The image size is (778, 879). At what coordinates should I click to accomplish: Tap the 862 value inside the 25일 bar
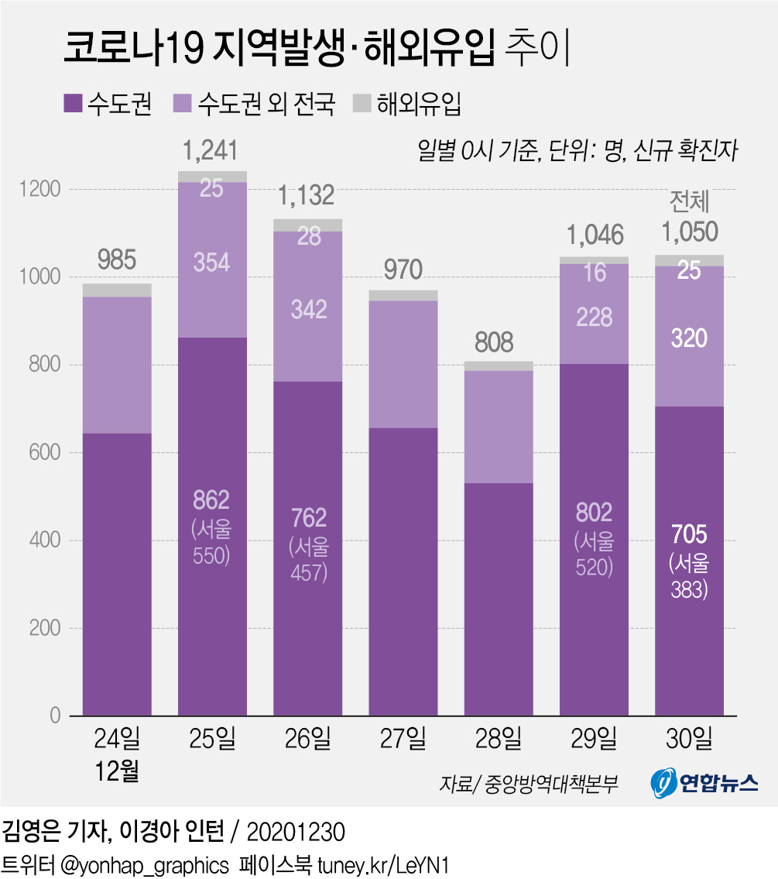212,500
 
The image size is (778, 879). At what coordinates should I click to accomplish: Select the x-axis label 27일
403,740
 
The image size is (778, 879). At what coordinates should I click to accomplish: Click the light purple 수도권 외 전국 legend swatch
183,103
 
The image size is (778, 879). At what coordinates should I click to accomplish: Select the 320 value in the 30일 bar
689,338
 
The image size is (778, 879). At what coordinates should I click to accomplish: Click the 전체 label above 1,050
689,203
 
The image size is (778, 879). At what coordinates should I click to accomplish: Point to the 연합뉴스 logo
703,784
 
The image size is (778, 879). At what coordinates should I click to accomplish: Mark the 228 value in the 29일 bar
594,318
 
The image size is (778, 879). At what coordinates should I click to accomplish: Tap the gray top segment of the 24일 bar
117,290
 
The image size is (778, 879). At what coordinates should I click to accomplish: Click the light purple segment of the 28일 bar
499,427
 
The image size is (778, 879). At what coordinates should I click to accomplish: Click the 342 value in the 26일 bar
308,309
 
